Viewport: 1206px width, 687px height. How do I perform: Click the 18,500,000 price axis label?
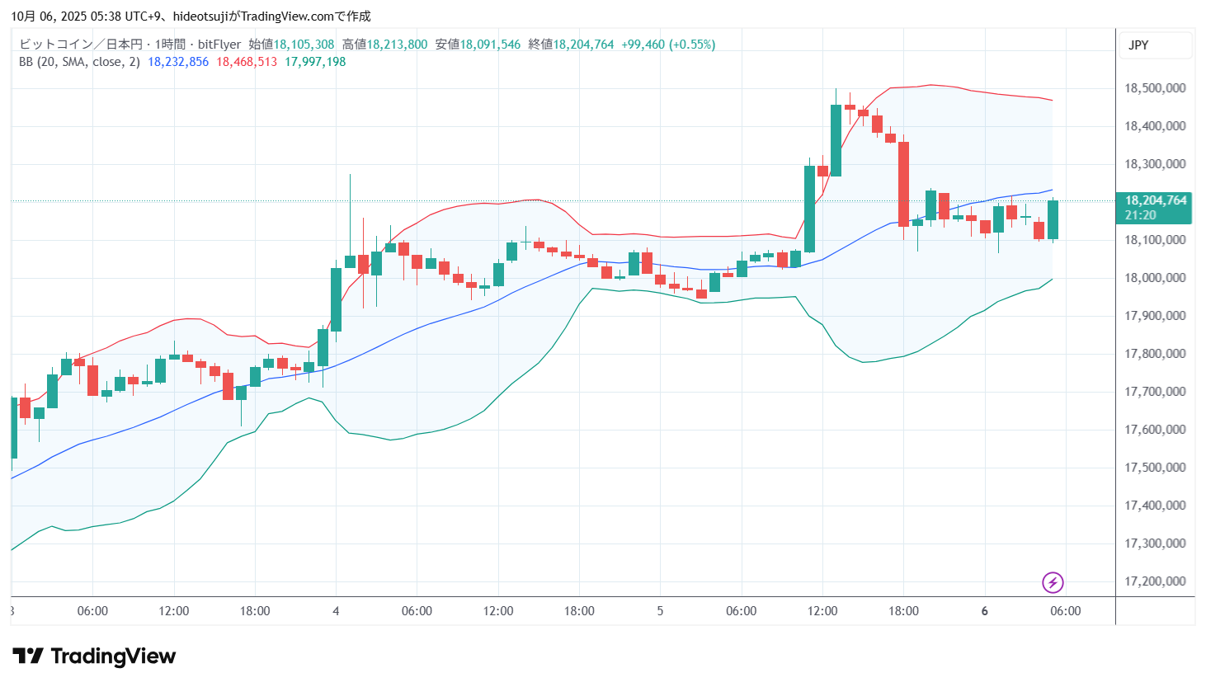pyautogui.click(x=1155, y=88)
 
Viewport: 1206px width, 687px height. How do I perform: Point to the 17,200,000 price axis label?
pyautogui.click(x=1155, y=581)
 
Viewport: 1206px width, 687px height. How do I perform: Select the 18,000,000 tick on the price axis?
pyautogui.click(x=1155, y=278)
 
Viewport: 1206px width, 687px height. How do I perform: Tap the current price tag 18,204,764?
pyautogui.click(x=1156, y=200)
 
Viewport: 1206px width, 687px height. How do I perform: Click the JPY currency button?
pyautogui.click(x=1138, y=45)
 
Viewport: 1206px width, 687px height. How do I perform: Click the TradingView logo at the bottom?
pyautogui.click(x=94, y=656)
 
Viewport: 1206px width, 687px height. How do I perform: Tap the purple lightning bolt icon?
pyautogui.click(x=1053, y=583)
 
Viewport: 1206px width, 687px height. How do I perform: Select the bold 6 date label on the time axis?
pyautogui.click(x=984, y=611)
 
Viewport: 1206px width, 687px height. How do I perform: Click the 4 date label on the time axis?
pyautogui.click(x=336, y=611)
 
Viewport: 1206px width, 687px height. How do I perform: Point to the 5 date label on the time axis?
pyautogui.click(x=660, y=611)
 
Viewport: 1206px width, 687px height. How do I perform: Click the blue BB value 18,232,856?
pyautogui.click(x=178, y=62)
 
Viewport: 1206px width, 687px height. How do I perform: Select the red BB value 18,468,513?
pyautogui.click(x=247, y=62)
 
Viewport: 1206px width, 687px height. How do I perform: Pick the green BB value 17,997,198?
pyautogui.click(x=315, y=62)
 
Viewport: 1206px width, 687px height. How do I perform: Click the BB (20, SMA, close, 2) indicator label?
pyautogui.click(x=79, y=62)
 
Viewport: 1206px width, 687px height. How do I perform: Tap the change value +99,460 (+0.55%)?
pyautogui.click(x=668, y=45)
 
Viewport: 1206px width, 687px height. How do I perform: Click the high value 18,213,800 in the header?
pyautogui.click(x=397, y=45)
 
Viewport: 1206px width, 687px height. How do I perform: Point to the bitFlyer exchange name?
pyautogui.click(x=219, y=45)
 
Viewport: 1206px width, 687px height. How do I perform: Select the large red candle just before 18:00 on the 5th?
pyautogui.click(x=903, y=184)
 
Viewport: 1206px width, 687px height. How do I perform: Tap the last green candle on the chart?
pyautogui.click(x=1053, y=220)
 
